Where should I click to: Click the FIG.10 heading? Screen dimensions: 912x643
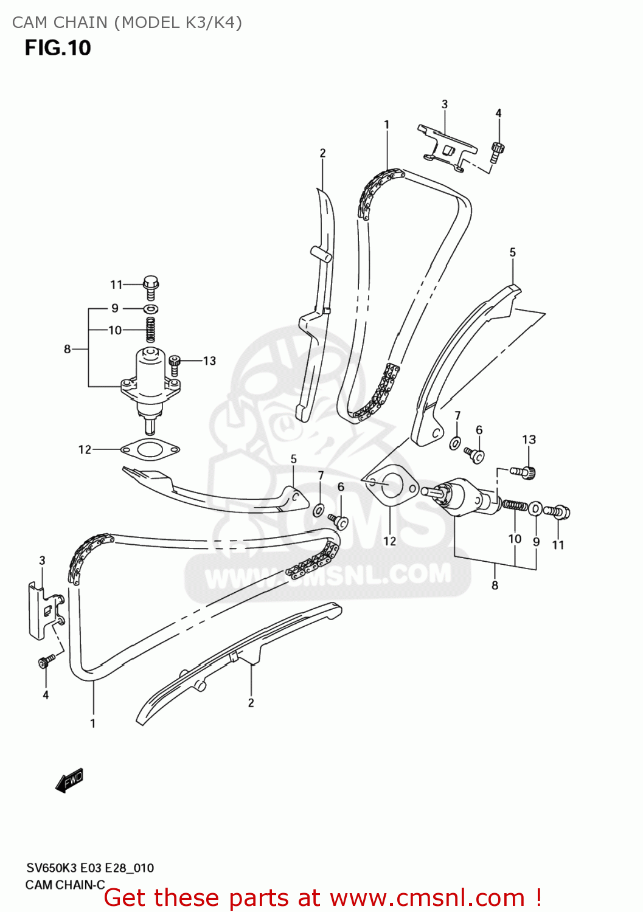click(58, 48)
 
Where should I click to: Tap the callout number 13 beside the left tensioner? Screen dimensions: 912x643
click(209, 361)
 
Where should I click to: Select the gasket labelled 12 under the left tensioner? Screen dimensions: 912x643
click(150, 450)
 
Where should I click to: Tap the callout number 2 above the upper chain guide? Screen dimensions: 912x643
click(322, 153)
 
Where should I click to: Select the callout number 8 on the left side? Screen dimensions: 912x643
click(67, 349)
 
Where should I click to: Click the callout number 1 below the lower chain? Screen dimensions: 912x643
click(92, 724)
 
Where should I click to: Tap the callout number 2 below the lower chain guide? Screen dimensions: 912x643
click(251, 703)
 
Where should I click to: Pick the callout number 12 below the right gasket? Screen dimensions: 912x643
click(389, 541)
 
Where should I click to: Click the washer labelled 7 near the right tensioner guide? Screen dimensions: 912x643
click(454, 442)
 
